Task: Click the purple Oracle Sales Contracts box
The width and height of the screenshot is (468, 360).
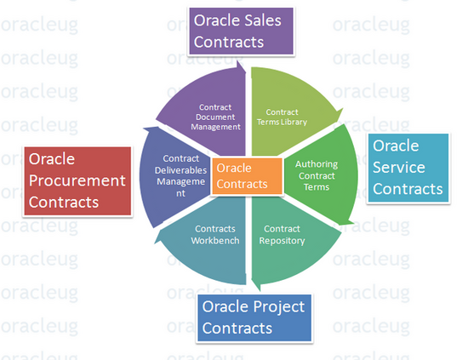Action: coord(241,31)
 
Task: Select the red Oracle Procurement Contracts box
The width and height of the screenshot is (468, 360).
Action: coord(77,181)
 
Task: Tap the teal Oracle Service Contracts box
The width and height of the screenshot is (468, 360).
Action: coord(408,168)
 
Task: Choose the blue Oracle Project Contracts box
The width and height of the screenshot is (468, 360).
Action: coord(254,318)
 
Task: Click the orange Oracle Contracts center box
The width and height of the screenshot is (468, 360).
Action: coord(247,176)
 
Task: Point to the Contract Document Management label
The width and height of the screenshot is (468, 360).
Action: coord(215,117)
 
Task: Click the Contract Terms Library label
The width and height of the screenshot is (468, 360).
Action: coord(282,117)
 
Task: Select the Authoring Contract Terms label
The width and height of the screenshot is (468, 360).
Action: coord(317,175)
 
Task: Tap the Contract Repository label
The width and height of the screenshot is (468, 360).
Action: coord(282,235)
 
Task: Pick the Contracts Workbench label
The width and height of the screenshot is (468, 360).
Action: coord(215,235)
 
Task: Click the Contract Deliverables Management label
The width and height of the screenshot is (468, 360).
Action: coord(180,175)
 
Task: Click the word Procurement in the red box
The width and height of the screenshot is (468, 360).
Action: coord(77,181)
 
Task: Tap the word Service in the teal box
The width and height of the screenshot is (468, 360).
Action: coord(399,167)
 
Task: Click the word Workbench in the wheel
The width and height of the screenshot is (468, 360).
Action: coord(215,241)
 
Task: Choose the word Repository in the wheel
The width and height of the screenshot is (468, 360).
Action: coord(282,241)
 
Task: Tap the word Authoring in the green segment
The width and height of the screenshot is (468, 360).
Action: coord(317,164)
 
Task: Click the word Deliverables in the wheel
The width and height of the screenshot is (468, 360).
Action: coord(180,170)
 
